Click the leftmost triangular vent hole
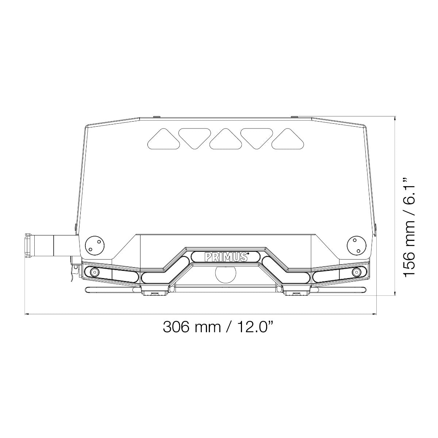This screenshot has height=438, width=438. click(x=164, y=139)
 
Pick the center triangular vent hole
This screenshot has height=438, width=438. click(x=226, y=139)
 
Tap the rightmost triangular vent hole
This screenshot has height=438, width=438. click(x=288, y=139)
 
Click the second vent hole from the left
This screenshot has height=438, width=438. click(x=195, y=139)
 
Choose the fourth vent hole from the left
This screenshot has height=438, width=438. click(x=257, y=139)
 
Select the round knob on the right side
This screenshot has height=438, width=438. click(x=357, y=246)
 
